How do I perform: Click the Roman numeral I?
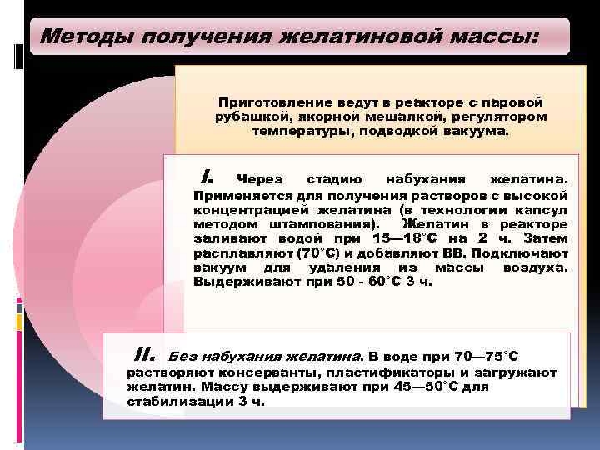click(x=208, y=177)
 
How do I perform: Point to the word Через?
click(x=260, y=178)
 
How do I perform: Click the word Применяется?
click(x=237, y=194)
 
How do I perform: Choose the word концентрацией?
click(x=242, y=209)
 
